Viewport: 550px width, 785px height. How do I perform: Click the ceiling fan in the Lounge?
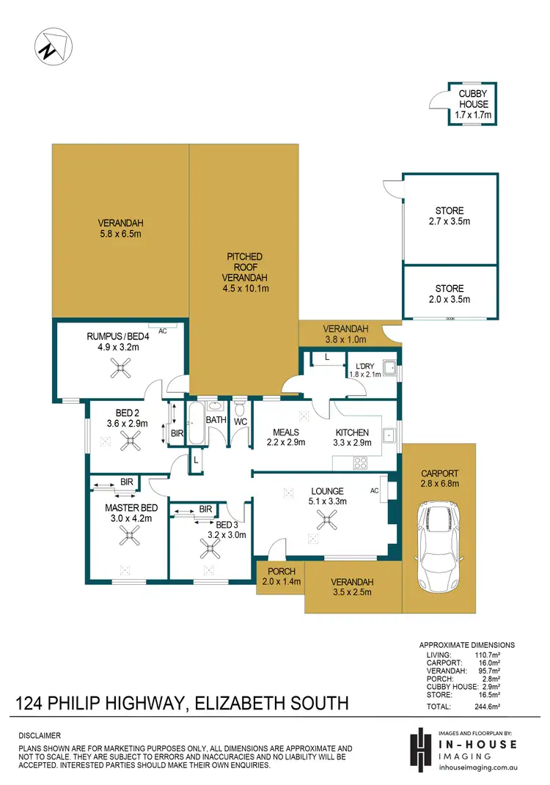point(326,520)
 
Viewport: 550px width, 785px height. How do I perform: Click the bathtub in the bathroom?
point(195,423)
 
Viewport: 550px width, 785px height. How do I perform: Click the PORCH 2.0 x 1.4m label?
point(282,577)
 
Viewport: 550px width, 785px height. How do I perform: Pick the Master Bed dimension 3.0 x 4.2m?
point(131,518)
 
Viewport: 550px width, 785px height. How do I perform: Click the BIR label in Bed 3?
point(205,509)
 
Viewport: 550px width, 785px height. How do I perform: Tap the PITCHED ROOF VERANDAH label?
point(244,272)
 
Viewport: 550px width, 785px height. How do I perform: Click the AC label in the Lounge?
point(375,490)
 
